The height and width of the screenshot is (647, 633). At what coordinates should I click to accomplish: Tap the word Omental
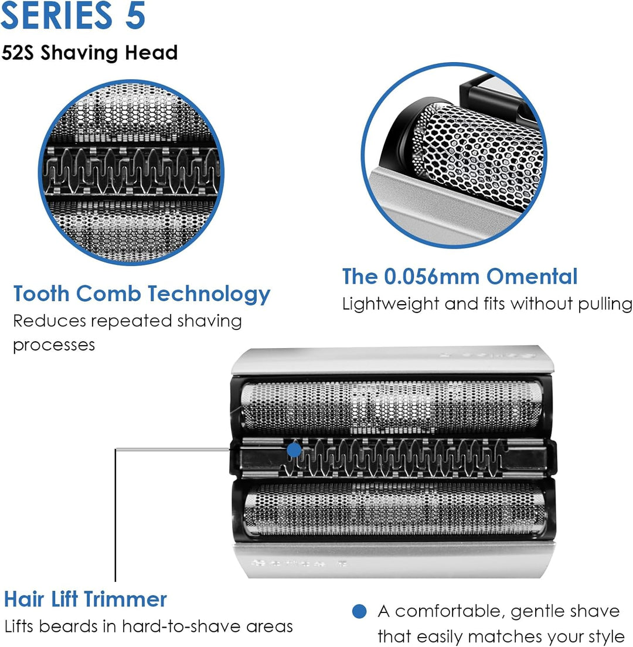tap(532, 276)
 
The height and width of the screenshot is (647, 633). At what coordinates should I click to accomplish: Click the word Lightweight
tap(390, 304)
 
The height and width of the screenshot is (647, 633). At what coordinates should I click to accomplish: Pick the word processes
tap(54, 345)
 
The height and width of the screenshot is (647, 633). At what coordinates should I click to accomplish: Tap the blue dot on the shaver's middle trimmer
tap(294, 450)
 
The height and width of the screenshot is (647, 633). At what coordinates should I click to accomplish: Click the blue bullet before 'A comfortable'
tap(359, 611)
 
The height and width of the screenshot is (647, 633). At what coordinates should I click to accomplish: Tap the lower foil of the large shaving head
tap(394, 510)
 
